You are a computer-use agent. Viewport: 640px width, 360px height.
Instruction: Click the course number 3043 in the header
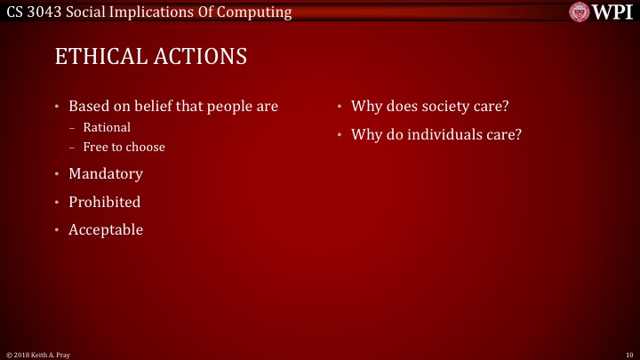50,12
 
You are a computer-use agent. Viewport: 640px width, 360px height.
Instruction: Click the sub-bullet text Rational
107,127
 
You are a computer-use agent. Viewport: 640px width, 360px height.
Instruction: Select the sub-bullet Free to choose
124,147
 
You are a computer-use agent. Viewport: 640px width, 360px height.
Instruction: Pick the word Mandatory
106,173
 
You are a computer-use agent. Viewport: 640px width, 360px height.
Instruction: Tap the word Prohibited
105,202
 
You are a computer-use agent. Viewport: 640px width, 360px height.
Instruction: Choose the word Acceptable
106,229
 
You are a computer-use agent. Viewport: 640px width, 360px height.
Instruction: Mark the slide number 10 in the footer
628,355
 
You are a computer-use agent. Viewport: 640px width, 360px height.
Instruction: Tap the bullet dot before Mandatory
59,174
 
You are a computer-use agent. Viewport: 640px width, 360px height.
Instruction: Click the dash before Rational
74,127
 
